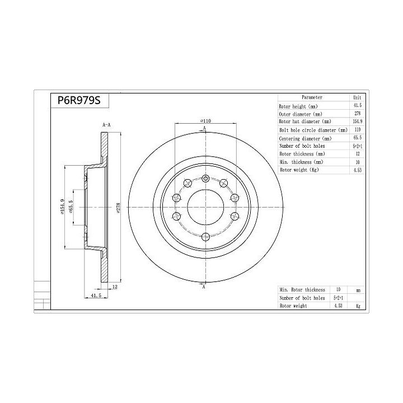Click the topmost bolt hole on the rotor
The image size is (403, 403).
click(205, 179)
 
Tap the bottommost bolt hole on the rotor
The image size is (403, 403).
click(205, 236)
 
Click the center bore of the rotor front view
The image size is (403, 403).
click(205, 207)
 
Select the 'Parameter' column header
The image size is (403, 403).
click(311, 97)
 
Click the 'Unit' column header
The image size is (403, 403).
click(357, 97)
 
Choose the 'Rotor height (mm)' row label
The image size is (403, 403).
click(298, 106)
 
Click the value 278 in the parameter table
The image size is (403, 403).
click(357, 114)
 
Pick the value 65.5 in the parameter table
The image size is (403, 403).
click(357, 138)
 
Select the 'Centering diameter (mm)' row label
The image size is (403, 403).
click(305, 138)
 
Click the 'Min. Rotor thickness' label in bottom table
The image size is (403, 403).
click(303, 289)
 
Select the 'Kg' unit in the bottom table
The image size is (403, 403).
click(358, 306)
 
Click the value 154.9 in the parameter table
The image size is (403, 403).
click(357, 121)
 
